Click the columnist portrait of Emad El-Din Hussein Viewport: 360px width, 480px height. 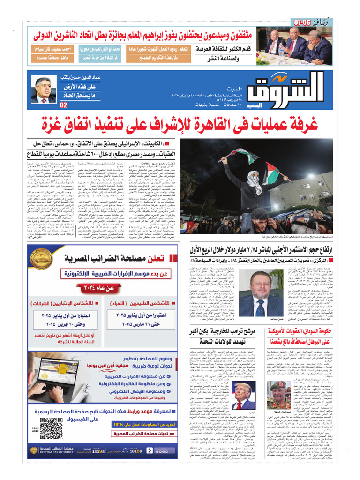click(x=44, y=90)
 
